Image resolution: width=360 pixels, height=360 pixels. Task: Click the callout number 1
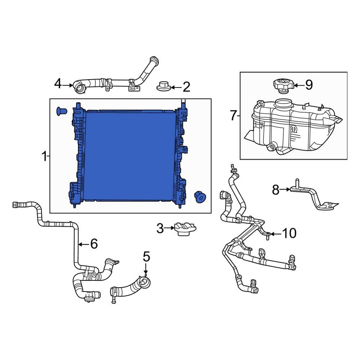coord(44,157)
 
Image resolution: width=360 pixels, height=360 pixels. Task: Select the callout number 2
coord(186,87)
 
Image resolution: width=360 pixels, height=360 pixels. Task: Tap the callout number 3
coord(160,228)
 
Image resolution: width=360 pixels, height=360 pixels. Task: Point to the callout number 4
coord(58,84)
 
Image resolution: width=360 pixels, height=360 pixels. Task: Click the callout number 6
coord(94,244)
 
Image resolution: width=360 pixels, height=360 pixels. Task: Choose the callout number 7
coord(233,116)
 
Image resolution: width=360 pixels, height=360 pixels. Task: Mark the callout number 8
coord(275,189)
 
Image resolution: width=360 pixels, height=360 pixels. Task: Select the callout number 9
coord(309,85)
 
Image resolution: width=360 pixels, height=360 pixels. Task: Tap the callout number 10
coord(289,234)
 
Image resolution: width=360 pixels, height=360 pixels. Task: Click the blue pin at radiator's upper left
coord(60,111)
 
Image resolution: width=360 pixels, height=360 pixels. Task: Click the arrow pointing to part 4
coord(68,85)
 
